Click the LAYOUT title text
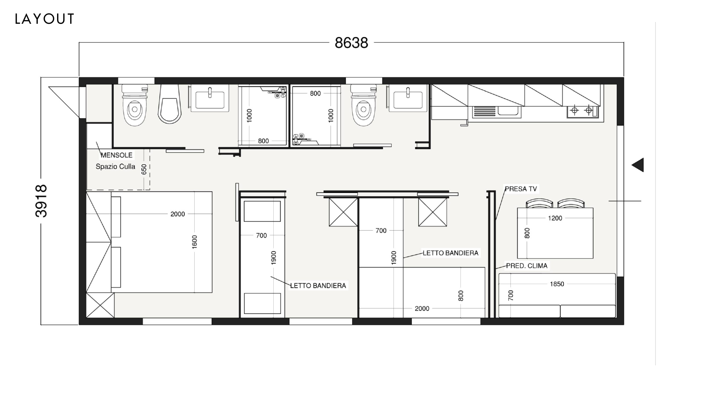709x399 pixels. click(x=45, y=19)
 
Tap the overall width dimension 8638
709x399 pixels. click(x=351, y=43)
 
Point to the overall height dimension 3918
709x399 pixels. click(x=41, y=201)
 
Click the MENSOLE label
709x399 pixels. click(x=117, y=155)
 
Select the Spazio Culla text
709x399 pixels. click(x=116, y=166)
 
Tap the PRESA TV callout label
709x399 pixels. click(x=521, y=189)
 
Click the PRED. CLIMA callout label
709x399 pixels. click(x=527, y=266)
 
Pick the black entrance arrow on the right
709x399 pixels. click(x=638, y=165)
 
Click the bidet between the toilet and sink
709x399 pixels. click(x=169, y=104)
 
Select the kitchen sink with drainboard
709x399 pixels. click(x=497, y=111)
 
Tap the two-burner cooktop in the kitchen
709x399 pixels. click(x=582, y=111)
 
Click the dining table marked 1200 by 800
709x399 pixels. click(x=555, y=233)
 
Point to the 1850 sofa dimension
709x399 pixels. click(x=557, y=284)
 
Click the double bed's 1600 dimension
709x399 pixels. click(x=194, y=242)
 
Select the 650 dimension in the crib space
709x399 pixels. click(x=144, y=169)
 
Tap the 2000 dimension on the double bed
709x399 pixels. click(x=178, y=214)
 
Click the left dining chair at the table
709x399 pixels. click(x=539, y=203)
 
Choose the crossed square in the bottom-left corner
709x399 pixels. click(x=100, y=305)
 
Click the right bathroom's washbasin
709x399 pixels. click(x=408, y=98)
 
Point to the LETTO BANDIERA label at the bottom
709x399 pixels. click(x=318, y=286)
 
